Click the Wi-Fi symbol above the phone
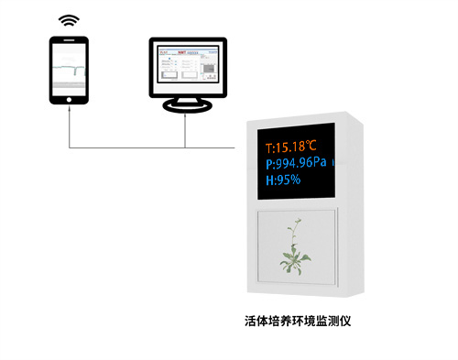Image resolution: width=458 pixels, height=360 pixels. tap(69, 19)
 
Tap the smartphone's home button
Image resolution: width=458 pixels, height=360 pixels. tap(70, 106)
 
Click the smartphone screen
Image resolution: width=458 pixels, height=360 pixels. tap(70, 70)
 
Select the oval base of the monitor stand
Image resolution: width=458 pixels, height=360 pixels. tap(186, 107)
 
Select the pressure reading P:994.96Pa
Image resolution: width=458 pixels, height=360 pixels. tap(296, 163)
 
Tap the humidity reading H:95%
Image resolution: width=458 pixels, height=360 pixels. tap(283, 180)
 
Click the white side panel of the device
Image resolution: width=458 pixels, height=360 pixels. tap(345, 211)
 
